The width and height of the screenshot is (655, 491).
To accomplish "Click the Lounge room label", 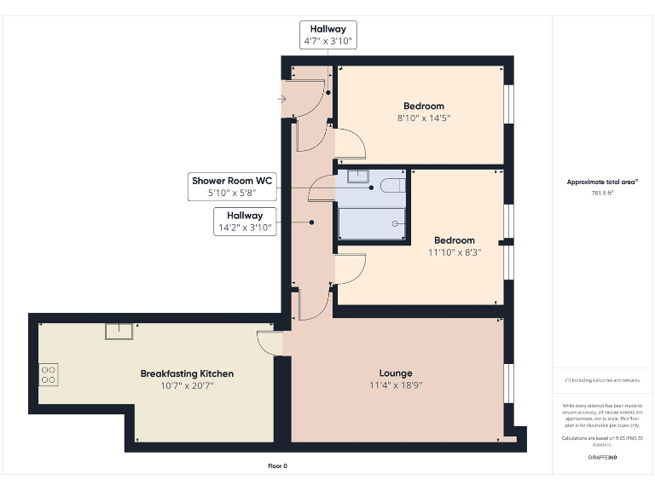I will click(396, 373).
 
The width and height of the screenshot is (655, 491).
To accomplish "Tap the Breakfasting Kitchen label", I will click(187, 373).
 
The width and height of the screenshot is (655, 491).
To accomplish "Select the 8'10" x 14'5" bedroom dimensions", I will click(424, 118).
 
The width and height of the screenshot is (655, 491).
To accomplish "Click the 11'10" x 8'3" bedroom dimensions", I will click(455, 251).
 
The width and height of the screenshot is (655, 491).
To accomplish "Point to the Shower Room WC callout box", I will click(232, 187).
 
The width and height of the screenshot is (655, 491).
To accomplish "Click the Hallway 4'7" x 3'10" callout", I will click(327, 35).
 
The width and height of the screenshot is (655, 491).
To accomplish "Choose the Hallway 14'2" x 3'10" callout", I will click(245, 222).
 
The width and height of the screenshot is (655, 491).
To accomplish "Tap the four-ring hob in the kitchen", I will click(49, 373).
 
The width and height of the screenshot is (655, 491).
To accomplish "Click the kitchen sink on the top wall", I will click(119, 330).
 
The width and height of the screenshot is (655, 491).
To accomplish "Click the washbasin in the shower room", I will click(358, 176).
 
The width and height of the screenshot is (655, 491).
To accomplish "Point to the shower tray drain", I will click(396, 223).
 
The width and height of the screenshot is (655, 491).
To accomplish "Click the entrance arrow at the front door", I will click(282, 100).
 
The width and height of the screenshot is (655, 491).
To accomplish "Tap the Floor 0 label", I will click(277, 465).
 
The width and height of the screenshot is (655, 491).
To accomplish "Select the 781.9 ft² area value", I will click(603, 193).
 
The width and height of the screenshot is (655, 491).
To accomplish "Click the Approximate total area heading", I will click(603, 182).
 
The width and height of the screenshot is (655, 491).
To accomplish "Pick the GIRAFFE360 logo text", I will click(603, 458).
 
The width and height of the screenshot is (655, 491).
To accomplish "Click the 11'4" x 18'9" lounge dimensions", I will click(396, 386).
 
